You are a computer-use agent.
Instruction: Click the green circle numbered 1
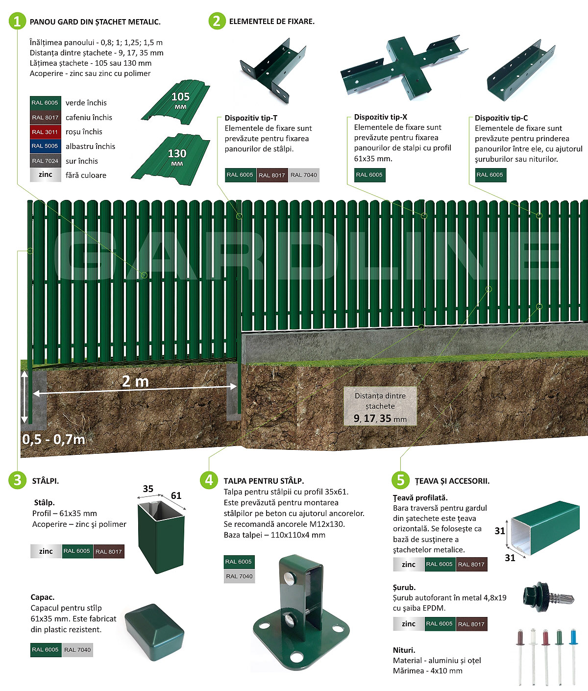click(17, 21)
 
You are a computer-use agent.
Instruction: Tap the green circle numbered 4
click(209, 480)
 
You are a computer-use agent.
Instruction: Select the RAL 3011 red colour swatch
click(45, 132)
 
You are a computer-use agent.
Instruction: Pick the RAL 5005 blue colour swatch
click(45, 146)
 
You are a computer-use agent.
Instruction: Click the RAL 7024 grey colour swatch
click(45, 161)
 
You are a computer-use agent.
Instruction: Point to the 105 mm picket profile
click(176, 102)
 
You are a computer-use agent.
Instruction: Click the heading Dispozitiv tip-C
click(501, 118)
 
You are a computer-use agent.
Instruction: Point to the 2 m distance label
click(135, 381)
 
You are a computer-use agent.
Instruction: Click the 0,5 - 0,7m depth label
click(53, 439)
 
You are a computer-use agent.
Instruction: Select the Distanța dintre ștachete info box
click(380, 406)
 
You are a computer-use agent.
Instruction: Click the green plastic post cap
click(154, 632)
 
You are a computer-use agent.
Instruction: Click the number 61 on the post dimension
click(176, 495)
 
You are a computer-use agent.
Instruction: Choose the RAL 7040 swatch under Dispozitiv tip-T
click(303, 175)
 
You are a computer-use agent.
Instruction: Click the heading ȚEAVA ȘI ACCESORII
click(452, 481)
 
